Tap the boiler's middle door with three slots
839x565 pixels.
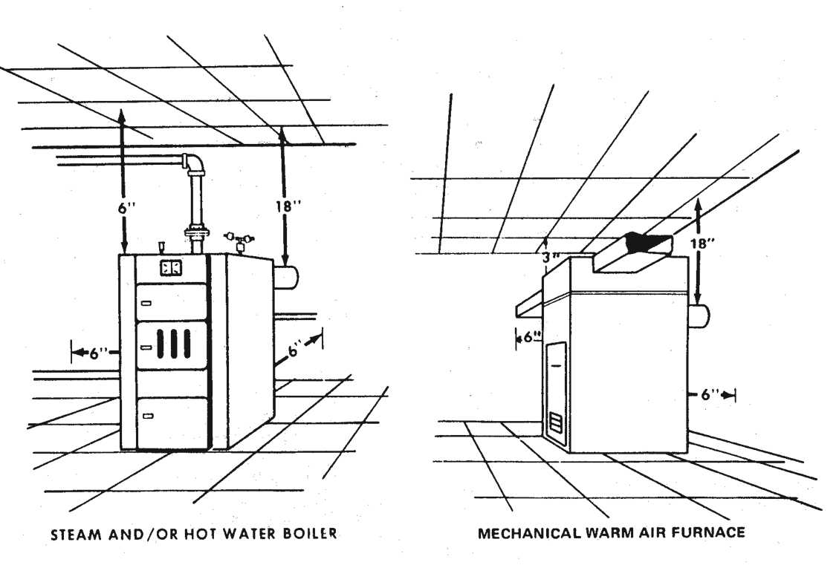pyautogui.click(x=172, y=345)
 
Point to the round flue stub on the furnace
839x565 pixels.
pyautogui.click(x=699, y=316)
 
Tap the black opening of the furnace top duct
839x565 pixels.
pyautogui.click(x=646, y=241)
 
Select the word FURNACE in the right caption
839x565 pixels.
pyautogui.click(x=710, y=532)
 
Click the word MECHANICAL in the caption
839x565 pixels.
pyautogui.click(x=519, y=532)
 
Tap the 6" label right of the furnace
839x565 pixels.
pyautogui.click(x=703, y=395)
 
